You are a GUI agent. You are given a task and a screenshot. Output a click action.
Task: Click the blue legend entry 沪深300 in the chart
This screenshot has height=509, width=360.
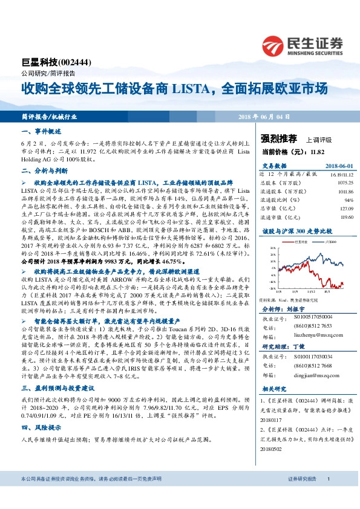[x=319, y=241]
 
